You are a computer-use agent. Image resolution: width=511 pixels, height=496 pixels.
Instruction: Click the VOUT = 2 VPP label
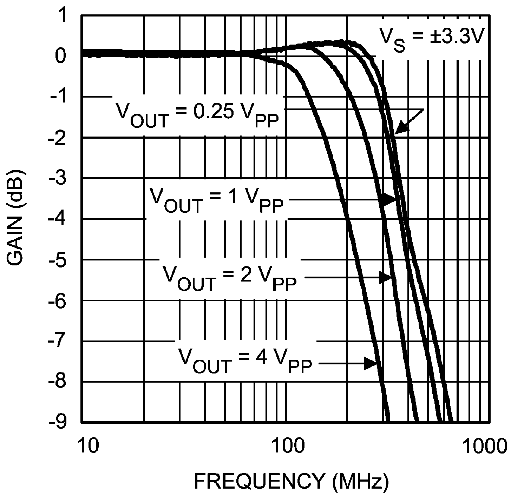click(229, 278)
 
